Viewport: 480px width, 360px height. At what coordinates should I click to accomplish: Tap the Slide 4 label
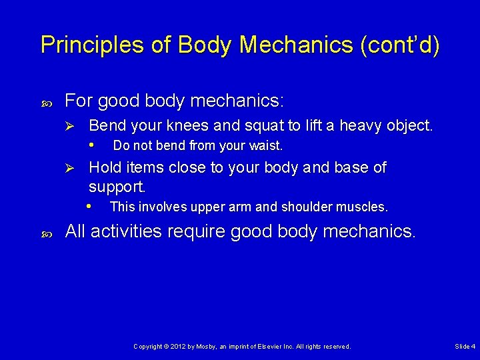point(465,347)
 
